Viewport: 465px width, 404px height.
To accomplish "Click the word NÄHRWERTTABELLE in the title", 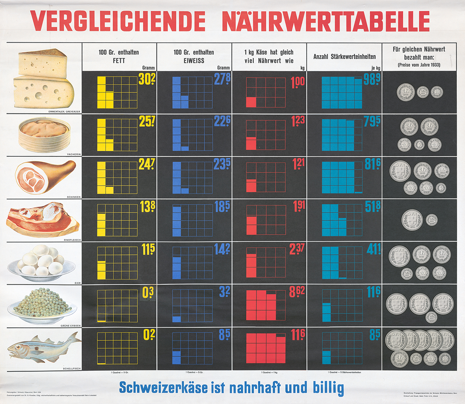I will tap(325, 21).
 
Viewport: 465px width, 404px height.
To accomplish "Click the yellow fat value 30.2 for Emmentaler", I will tap(147, 79).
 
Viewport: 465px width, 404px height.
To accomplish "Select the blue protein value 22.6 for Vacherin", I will tap(222, 121).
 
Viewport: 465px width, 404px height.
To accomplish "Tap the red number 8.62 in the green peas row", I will tap(297, 292).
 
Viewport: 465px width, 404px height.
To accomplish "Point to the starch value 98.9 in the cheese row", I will tap(372, 79).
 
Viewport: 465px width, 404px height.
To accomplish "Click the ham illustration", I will tap(45, 176).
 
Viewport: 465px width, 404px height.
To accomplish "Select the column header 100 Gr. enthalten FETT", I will tap(119, 56).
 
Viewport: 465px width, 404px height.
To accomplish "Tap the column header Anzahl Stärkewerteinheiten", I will tap(344, 57).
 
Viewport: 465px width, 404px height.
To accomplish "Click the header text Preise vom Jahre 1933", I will tap(419, 65).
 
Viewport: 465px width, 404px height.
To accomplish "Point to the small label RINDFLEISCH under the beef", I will tap(72, 240).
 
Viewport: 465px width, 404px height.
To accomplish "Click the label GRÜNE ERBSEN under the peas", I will tap(70, 325).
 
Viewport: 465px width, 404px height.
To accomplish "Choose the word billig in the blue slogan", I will tap(328, 388).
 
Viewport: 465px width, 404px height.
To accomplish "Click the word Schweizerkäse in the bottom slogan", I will tap(163, 388).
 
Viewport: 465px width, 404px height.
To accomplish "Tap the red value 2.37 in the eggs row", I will tap(297, 249).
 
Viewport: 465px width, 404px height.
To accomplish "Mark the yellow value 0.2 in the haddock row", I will tap(149, 335).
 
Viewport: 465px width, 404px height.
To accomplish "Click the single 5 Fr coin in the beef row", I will tap(412, 220).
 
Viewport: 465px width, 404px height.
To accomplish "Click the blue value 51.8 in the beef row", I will tap(373, 206).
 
